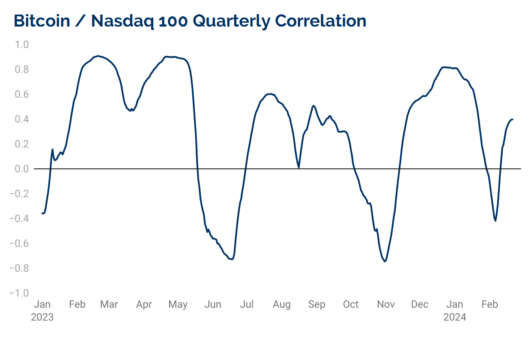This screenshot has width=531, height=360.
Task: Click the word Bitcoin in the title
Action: tap(42, 21)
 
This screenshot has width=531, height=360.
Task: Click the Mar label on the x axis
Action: tap(109, 304)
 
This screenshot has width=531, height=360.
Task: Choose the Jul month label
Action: tap(247, 304)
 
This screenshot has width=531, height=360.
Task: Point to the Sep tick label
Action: tap(316, 304)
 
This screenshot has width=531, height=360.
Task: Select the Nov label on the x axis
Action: tap(386, 304)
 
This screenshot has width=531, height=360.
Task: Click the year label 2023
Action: tap(42, 317)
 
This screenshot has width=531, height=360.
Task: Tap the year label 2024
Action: tap(454, 317)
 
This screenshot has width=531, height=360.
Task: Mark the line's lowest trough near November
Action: tap(385, 261)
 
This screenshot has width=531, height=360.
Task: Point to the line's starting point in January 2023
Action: tap(42, 213)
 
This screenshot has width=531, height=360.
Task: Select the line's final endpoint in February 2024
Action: tap(513, 119)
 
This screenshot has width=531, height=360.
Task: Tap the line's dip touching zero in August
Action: tap(298, 168)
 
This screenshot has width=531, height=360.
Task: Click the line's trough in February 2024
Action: tap(495, 221)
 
